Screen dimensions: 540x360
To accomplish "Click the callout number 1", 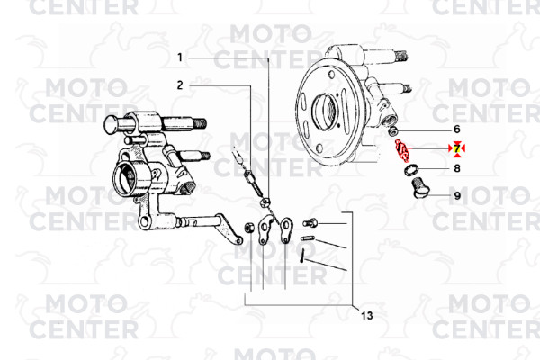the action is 179,58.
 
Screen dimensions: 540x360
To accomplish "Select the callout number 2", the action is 180,85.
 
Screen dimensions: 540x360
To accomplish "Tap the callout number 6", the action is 456,130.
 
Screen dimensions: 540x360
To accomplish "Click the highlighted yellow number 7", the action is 457,148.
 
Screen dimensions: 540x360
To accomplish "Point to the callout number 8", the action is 457,168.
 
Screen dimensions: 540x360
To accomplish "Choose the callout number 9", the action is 457,195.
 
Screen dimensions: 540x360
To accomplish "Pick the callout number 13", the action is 367,315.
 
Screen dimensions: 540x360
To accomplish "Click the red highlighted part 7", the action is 401,150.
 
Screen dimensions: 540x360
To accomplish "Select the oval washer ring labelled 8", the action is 411,170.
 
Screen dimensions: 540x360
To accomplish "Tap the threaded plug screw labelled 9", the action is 420,188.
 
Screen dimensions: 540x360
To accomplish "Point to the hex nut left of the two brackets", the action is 248,228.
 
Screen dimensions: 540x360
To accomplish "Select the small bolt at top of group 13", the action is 310,223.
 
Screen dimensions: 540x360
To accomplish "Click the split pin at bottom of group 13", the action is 302,256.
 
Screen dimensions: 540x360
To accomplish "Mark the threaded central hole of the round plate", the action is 325,109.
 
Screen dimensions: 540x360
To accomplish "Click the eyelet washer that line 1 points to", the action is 265,202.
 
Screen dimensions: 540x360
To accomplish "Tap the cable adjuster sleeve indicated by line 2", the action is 251,182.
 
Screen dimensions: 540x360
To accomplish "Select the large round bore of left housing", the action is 127,178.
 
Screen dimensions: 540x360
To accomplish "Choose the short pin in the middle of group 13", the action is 308,238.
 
